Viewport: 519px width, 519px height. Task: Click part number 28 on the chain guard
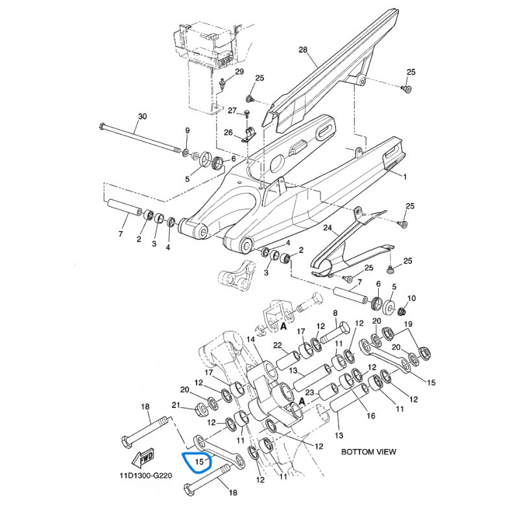tap(303, 50)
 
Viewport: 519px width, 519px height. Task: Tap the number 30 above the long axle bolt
tap(142, 117)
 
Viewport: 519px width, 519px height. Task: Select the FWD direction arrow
tap(143, 458)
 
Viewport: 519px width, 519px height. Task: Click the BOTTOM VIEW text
tap(368, 452)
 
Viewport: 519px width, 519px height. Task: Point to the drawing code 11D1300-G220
tap(146, 476)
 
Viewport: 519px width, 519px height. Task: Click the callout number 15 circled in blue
tap(199, 461)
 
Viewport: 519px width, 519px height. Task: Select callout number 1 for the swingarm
tap(404, 176)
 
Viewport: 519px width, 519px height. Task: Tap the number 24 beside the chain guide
tap(328, 228)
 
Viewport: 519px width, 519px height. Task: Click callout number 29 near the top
tap(239, 72)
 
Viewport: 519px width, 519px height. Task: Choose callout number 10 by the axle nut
tap(411, 298)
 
